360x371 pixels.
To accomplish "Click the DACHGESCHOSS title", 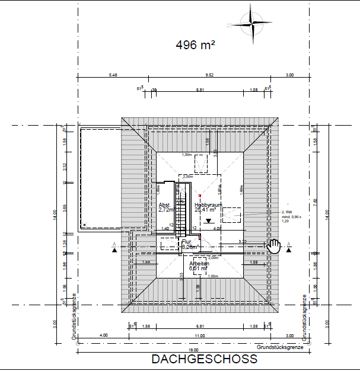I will [205, 359].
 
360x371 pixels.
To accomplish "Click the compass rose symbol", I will [253, 24].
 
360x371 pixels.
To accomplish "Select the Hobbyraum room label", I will [208, 205].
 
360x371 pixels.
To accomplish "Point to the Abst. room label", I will [164, 205].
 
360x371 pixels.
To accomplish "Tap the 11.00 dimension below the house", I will [199, 336].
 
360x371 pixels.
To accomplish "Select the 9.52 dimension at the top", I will [209, 75].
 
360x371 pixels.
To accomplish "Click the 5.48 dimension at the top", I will [113, 75].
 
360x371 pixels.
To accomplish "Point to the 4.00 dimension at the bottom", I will [104, 336].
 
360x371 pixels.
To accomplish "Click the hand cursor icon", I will [273, 246].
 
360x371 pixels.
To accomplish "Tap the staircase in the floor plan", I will [176, 207].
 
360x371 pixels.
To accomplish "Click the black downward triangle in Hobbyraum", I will [208, 220].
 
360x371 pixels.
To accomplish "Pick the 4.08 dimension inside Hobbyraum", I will [217, 228].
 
